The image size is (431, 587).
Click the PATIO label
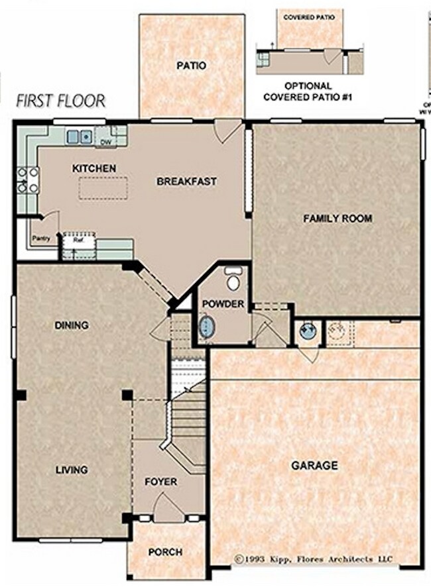tap(191, 66)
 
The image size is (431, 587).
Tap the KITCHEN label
tap(93, 169)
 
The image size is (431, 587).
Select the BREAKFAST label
tap(186, 181)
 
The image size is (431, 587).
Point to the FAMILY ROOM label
tap(338, 218)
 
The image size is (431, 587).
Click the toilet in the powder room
tap(233, 280)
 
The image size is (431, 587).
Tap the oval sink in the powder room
tap(208, 327)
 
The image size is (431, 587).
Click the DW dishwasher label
tap(105, 142)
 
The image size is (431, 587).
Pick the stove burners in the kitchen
tap(27, 180)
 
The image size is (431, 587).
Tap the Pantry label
tap(41, 239)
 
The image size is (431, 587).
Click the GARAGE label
tap(314, 466)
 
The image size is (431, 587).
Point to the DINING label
tap(72, 325)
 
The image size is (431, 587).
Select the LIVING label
tap(72, 470)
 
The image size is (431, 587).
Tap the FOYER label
tap(160, 482)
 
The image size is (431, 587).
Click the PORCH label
tap(165, 551)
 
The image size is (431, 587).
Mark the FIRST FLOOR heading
tap(60, 101)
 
